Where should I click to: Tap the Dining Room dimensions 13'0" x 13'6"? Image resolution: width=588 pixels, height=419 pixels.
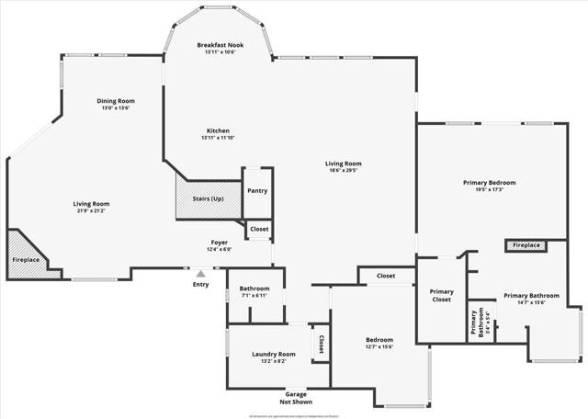tap(116, 108)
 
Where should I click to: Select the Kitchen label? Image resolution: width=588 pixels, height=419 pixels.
tap(218, 130)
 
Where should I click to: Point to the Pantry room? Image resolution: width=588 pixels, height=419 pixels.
tap(257, 191)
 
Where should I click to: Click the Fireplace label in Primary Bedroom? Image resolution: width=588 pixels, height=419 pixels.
tap(526, 245)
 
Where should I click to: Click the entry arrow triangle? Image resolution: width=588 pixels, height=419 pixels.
tap(200, 273)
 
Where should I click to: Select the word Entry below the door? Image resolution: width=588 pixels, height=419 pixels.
tap(200, 284)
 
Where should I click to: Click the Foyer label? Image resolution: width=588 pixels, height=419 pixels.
tap(219, 243)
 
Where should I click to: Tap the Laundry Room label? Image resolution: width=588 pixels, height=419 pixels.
tap(274, 354)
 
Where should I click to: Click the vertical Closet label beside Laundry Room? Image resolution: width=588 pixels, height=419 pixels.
tap(321, 344)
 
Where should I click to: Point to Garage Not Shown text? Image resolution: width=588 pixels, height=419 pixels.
tap(296, 397)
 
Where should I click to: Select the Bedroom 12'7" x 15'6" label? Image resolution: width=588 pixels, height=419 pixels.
tap(379, 339)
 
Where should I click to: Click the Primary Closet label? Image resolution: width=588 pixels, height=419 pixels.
tap(442, 296)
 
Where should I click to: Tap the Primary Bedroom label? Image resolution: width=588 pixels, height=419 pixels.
tap(489, 182)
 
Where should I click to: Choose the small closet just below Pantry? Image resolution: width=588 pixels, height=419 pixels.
tap(259, 229)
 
